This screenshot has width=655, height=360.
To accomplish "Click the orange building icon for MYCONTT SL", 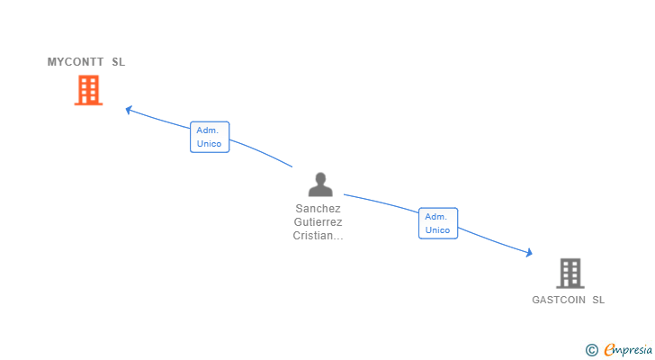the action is (x=88, y=90).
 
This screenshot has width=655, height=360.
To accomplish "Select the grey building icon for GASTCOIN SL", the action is (x=570, y=273).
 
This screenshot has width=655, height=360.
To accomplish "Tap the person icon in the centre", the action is (x=320, y=184).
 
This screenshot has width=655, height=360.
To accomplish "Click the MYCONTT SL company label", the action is (x=86, y=62).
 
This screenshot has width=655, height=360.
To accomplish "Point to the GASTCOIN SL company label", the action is (x=568, y=300).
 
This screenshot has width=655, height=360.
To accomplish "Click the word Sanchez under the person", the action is (x=319, y=209).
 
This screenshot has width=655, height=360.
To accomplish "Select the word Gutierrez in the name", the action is (x=319, y=222).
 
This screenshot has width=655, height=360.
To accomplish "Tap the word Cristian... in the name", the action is (x=319, y=236).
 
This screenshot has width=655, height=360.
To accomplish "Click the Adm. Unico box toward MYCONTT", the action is (x=210, y=137).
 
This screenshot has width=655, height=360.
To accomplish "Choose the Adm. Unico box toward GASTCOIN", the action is (x=438, y=223).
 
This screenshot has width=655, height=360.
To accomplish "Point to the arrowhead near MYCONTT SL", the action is (x=129, y=110).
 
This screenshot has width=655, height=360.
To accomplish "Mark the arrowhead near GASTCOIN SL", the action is (x=529, y=254).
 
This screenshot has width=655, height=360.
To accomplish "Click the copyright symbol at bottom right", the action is (x=591, y=350).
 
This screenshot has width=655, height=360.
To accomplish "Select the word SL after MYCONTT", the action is (x=119, y=62).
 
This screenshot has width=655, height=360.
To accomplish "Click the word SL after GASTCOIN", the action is (x=598, y=300).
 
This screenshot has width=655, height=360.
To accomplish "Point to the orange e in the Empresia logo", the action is (x=610, y=350).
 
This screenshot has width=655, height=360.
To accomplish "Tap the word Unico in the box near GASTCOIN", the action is (x=438, y=230).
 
